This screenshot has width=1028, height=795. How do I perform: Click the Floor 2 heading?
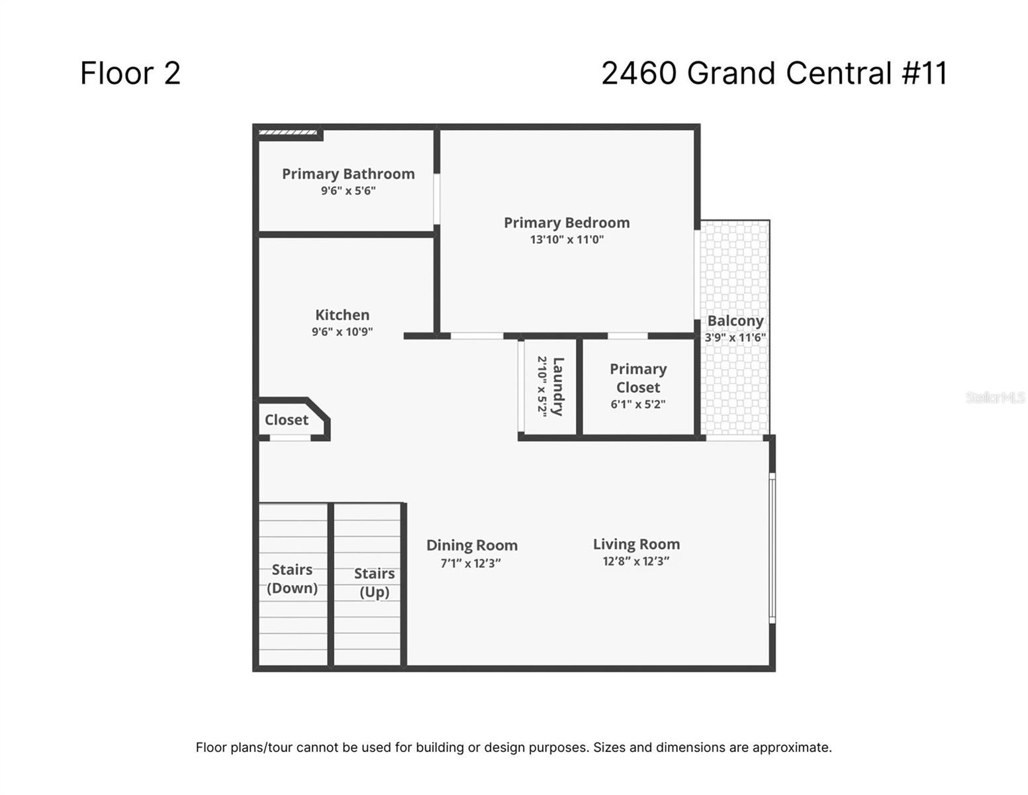click(130, 73)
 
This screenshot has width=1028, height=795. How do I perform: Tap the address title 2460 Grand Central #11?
click(774, 73)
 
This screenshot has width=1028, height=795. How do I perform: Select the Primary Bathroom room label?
click(348, 174)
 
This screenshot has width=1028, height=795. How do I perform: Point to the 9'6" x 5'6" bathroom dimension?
click(348, 190)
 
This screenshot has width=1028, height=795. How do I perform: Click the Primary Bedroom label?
click(567, 223)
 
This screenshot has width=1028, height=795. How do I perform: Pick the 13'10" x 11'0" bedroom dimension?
click(567, 239)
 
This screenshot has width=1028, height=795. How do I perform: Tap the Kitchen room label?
click(342, 315)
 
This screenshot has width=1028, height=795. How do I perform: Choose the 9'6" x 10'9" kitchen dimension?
click(342, 331)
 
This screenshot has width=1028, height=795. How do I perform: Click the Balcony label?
click(735, 321)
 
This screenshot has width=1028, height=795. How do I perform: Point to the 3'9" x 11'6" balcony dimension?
click(735, 337)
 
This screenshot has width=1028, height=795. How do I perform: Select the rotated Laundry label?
click(558, 386)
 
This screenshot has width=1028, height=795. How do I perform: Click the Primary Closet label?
click(638, 378)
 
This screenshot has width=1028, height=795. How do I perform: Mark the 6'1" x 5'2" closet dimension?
click(638, 404)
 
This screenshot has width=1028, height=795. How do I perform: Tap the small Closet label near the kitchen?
click(286, 419)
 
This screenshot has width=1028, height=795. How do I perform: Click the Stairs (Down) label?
click(292, 578)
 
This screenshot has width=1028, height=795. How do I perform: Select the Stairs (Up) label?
click(374, 583)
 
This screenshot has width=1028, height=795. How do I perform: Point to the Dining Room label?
click(472, 545)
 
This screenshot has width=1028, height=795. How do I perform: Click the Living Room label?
click(636, 544)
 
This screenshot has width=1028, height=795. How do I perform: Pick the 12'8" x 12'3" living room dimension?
click(636, 561)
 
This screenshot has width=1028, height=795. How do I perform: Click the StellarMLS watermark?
click(995, 397)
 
